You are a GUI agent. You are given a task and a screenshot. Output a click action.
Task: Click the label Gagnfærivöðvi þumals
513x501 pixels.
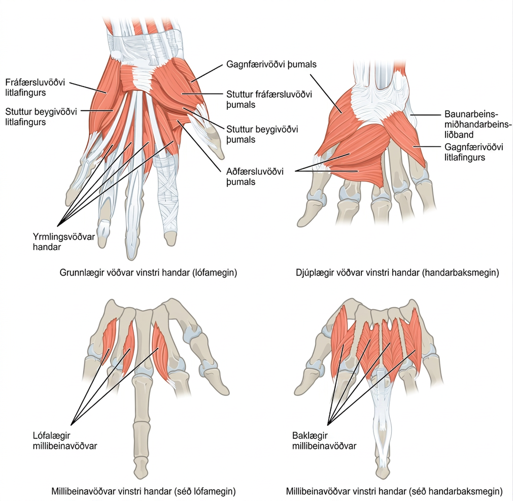click(x=271, y=65)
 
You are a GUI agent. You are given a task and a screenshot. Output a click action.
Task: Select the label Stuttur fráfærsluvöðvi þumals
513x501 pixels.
click(x=269, y=99)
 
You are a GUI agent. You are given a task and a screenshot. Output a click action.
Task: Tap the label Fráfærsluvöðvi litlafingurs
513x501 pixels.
click(x=35, y=87)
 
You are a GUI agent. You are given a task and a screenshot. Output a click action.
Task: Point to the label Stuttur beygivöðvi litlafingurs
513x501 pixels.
click(x=41, y=117)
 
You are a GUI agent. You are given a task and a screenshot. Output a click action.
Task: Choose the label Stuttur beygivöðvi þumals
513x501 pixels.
click(x=262, y=134)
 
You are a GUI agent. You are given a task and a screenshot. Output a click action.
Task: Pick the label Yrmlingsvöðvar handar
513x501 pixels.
click(x=64, y=242)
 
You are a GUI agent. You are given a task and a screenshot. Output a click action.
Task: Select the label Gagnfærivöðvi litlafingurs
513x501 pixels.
click(x=474, y=152)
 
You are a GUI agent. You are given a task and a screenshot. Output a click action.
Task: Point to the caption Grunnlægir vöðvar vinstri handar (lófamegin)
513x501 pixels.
click(x=148, y=273)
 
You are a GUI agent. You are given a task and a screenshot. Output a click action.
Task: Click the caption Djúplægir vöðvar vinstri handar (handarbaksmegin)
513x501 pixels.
click(x=397, y=273)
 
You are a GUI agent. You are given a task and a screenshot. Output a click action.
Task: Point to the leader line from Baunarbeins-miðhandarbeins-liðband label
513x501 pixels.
click(x=425, y=115)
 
